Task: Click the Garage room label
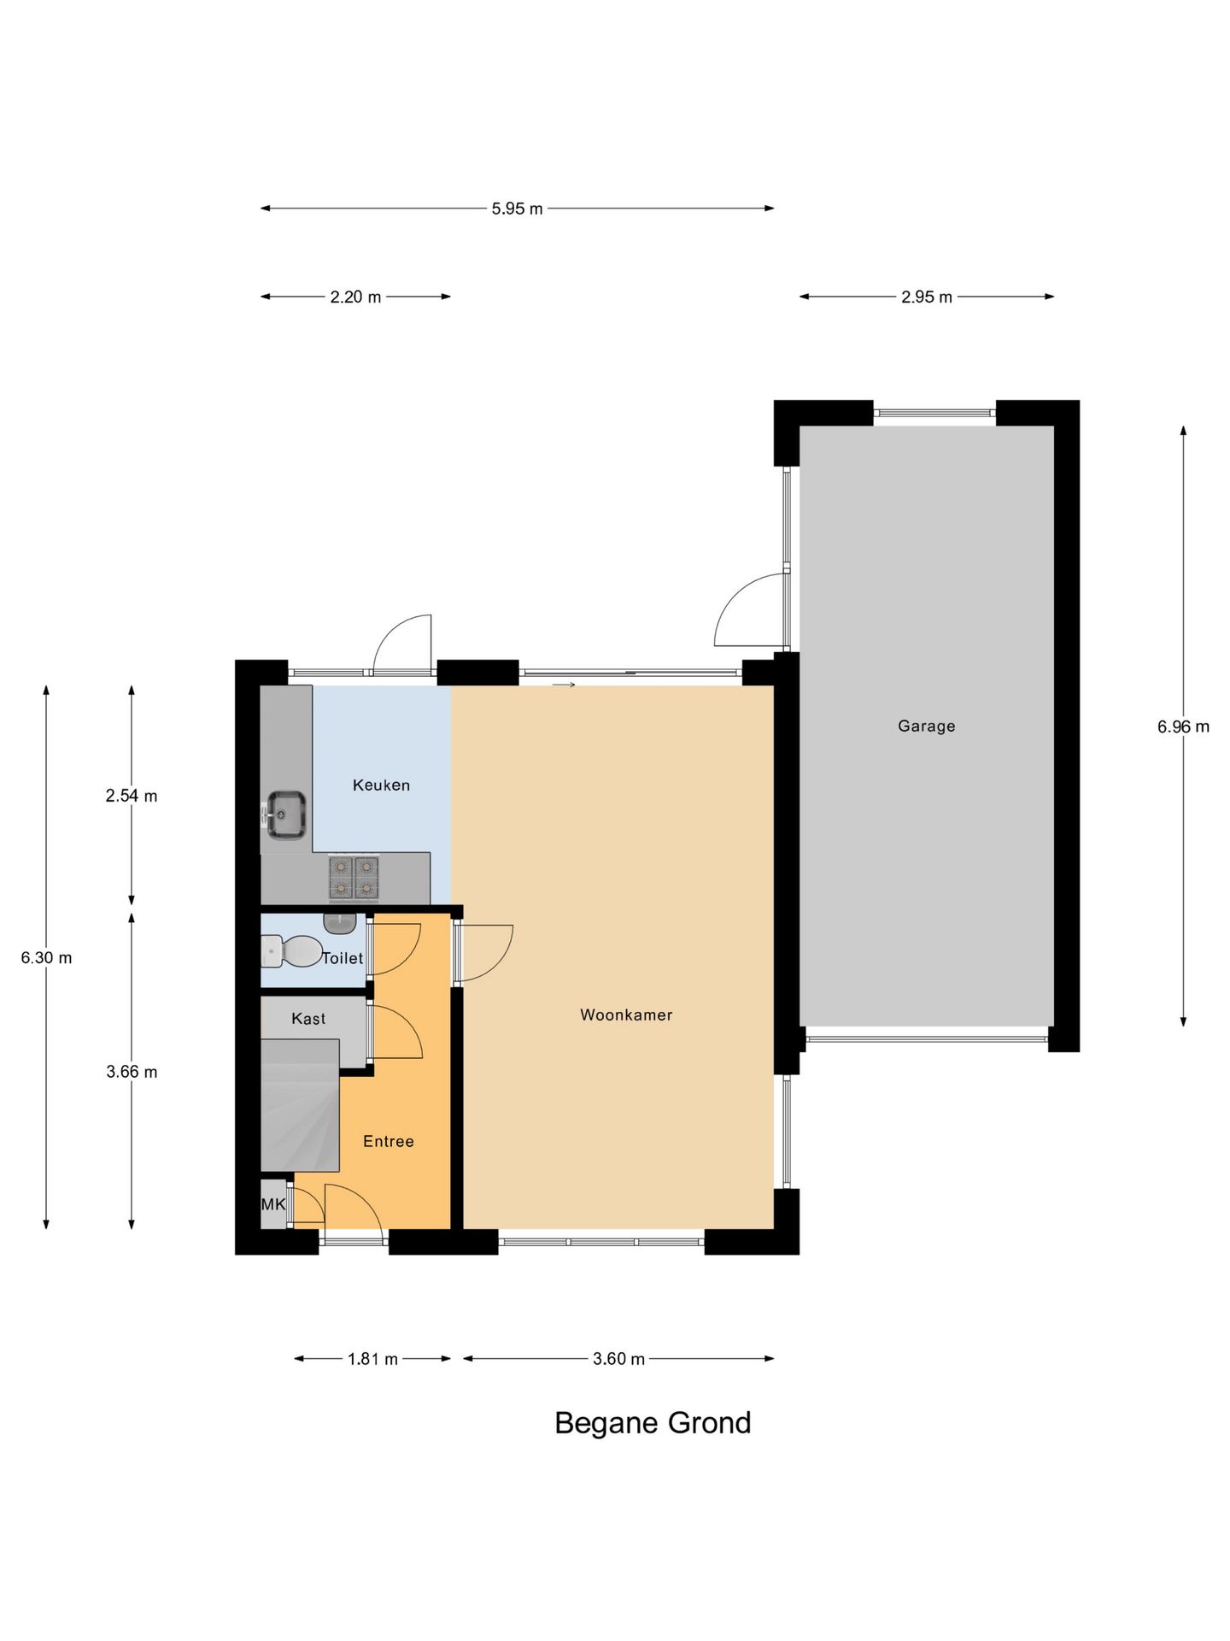tap(926, 726)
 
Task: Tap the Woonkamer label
tap(626, 1015)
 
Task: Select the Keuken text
tap(381, 785)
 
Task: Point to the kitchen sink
tap(286, 814)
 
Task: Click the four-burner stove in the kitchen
tap(354, 878)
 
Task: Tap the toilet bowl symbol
tap(294, 950)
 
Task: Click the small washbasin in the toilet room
tap(339, 923)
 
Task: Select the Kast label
tap(308, 1018)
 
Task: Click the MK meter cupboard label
tap(273, 1204)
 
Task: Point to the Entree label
tap(388, 1141)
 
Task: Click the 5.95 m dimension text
tap(517, 209)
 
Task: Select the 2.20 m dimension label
tap(355, 297)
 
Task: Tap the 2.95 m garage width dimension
tap(926, 297)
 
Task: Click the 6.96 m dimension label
tap(1182, 726)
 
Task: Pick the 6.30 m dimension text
tap(46, 957)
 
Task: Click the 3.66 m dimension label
tap(132, 1072)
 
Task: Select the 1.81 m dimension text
tap(372, 1358)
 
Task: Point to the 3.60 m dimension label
tap(618, 1358)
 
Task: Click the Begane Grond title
tap(653, 1422)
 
